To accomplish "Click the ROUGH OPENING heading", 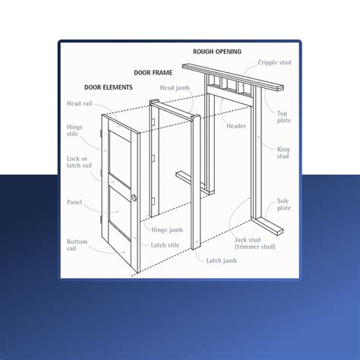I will tap(217, 52).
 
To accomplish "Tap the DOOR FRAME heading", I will tap(153, 73).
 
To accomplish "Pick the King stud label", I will tap(283, 152).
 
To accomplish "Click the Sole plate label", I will tap(283, 204).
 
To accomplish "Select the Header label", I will tap(236, 125).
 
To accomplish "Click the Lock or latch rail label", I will tap(77, 168).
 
